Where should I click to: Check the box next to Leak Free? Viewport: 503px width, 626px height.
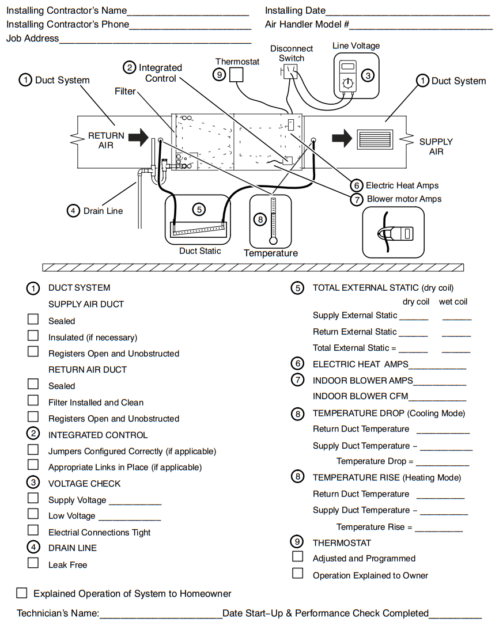[x=33, y=563]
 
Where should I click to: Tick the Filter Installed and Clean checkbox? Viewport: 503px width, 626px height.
[x=33, y=401]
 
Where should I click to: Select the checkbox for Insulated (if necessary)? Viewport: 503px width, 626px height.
[x=33, y=336]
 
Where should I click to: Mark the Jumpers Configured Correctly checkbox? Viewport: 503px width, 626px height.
[x=33, y=450]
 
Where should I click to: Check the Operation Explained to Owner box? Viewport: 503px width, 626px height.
[x=297, y=574]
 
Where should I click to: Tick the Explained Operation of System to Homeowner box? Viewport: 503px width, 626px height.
[x=22, y=593]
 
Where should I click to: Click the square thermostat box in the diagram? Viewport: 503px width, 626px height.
[x=236, y=75]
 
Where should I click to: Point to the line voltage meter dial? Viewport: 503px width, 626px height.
[x=347, y=83]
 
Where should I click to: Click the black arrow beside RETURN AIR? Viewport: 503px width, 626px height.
[x=138, y=138]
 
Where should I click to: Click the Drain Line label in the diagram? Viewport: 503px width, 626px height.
[x=103, y=211]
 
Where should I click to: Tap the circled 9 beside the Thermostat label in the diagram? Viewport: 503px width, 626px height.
[x=219, y=74]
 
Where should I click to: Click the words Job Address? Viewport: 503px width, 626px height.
[x=33, y=39]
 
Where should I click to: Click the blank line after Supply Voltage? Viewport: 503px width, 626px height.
[x=135, y=500]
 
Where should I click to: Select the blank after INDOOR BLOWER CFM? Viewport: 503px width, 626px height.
[x=437, y=396]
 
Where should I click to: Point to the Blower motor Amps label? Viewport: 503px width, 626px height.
[x=404, y=199]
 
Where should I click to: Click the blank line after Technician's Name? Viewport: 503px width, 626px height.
[x=161, y=614]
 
